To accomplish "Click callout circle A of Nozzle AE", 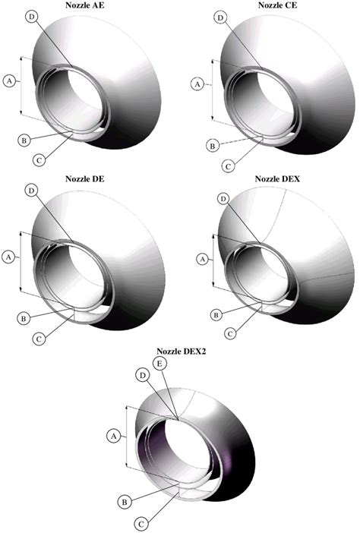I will (10, 79).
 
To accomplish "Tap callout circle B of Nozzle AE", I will (24, 140).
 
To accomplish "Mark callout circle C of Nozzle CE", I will (228, 165).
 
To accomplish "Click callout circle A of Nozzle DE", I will (10, 257).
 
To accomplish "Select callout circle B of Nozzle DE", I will (24, 317).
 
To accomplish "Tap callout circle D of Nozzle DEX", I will (223, 198).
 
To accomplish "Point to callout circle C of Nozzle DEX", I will (230, 332).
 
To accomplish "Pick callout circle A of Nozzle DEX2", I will (114, 437).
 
